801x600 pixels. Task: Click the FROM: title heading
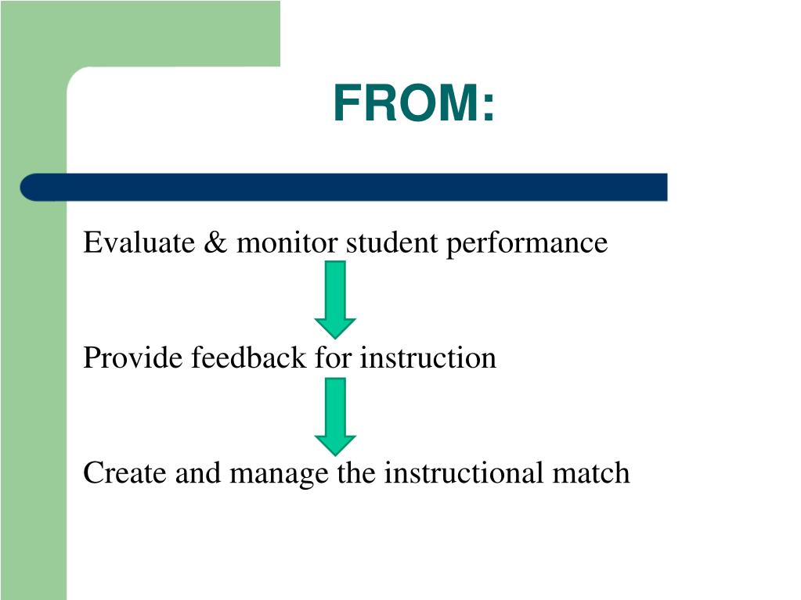coord(413,104)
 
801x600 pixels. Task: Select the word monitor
coord(287,243)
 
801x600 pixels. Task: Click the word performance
coord(527,244)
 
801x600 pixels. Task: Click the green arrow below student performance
coord(335,298)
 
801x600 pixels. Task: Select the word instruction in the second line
coord(428,358)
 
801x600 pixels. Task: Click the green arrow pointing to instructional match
coord(335,415)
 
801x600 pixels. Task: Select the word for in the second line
coord(334,358)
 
